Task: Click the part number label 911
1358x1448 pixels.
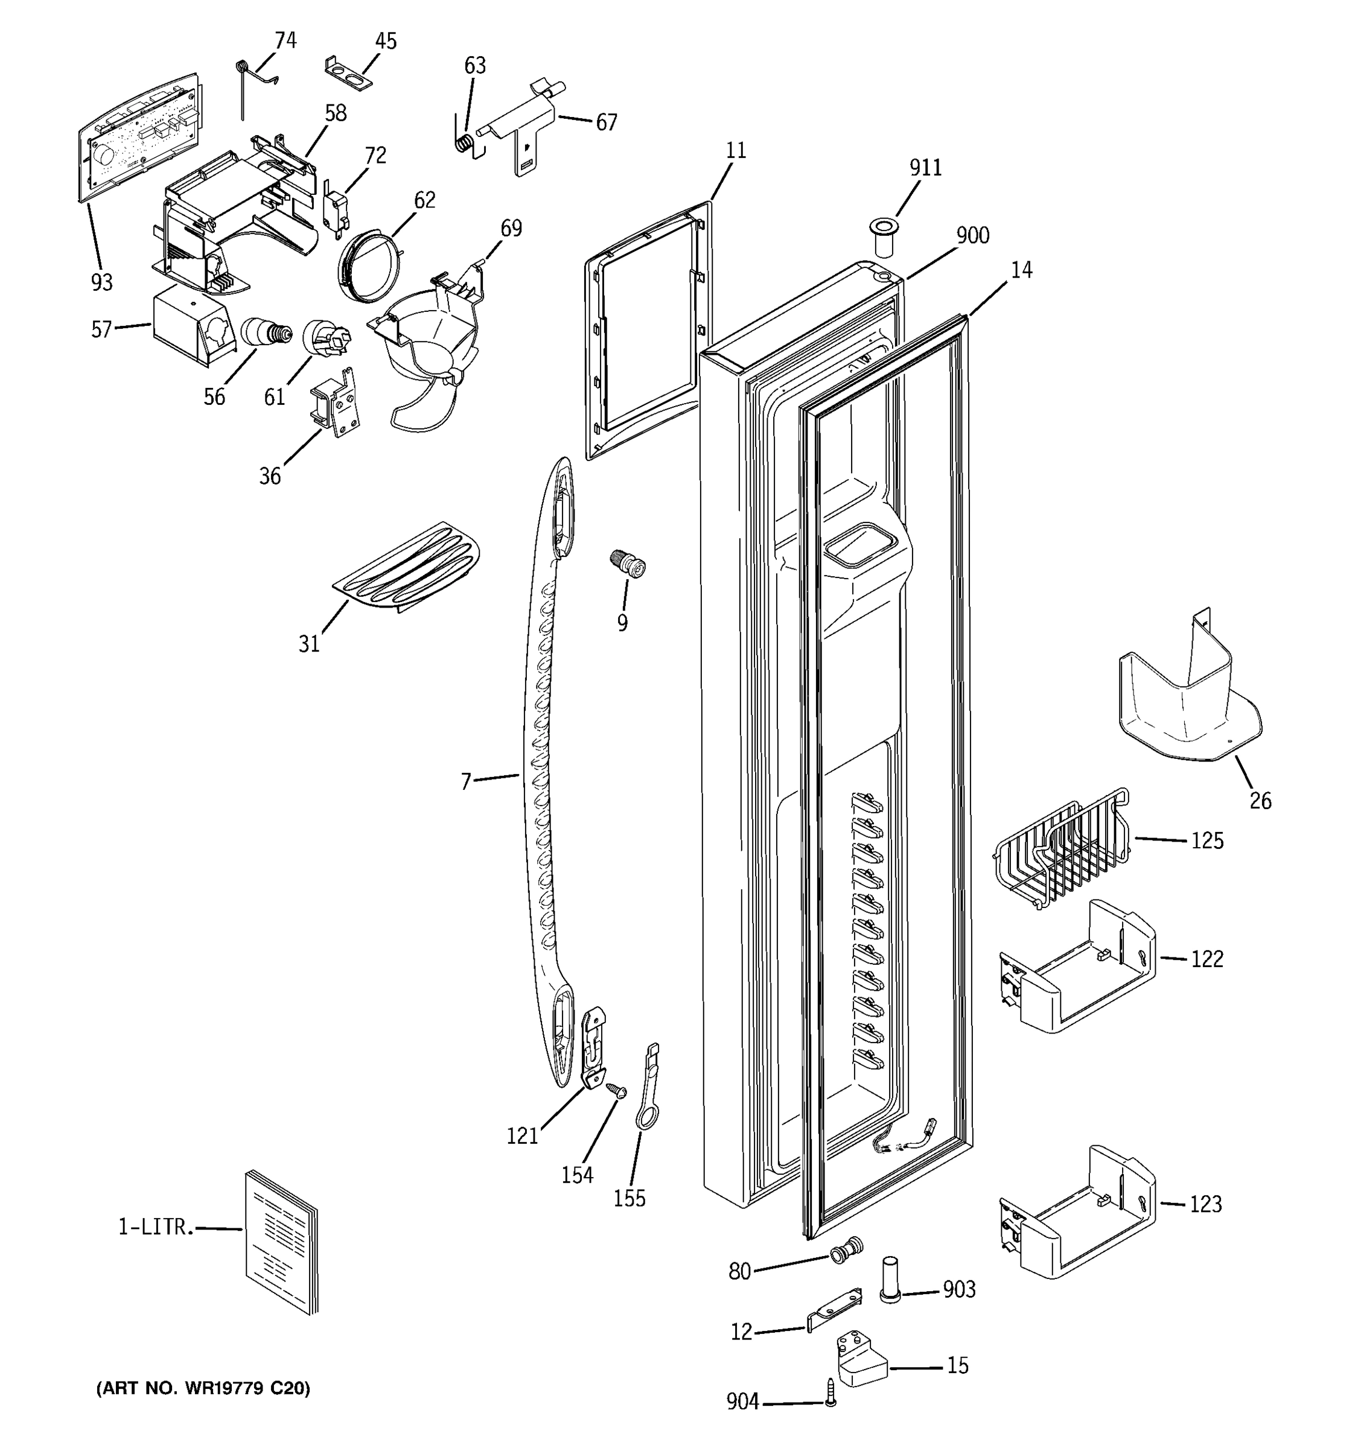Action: point(925,168)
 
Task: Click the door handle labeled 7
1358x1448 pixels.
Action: point(546,772)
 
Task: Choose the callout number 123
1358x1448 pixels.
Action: point(1205,1204)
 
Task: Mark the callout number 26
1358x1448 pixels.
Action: point(1260,801)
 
